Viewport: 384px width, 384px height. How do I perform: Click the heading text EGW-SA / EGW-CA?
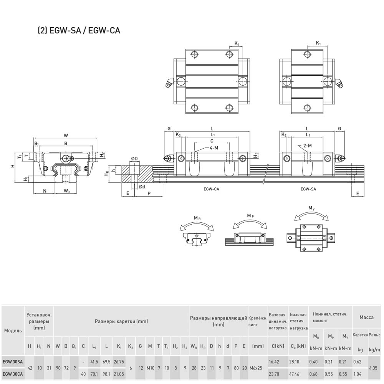(78, 31)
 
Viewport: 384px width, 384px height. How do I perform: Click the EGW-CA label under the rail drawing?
(212, 189)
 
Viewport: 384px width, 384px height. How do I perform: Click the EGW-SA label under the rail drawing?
(308, 189)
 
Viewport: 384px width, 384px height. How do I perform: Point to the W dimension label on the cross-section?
(66, 135)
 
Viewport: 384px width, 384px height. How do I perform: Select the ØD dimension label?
(134, 159)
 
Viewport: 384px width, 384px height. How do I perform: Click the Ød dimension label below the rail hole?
(141, 187)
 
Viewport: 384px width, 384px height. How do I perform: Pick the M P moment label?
(250, 216)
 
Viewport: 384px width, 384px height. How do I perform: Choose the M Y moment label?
(312, 208)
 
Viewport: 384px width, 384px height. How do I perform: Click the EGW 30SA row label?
(12, 361)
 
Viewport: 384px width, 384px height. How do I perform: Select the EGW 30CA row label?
(12, 373)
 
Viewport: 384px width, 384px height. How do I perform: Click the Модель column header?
(13, 331)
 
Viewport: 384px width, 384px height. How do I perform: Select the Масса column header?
(366, 317)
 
